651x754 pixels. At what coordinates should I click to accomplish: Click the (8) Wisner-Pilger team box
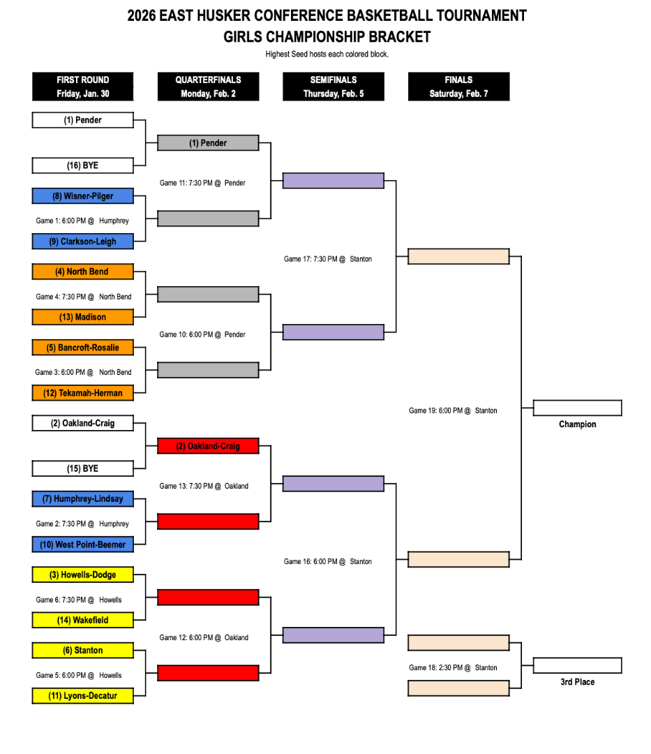click(82, 196)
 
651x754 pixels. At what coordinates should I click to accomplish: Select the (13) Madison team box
click(82, 317)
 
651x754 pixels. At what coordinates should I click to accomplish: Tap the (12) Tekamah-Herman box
click(82, 393)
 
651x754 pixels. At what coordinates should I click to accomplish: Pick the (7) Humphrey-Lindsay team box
click(82, 499)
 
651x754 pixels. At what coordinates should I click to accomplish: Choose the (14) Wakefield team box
click(82, 620)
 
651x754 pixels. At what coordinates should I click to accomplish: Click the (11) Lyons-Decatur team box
click(82, 695)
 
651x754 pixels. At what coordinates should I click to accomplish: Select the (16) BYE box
click(82, 165)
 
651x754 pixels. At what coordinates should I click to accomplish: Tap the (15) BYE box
click(82, 468)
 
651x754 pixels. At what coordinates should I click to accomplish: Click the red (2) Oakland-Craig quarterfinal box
click(208, 446)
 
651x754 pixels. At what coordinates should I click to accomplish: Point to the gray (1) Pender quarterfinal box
click(208, 143)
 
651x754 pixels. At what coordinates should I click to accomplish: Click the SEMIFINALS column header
click(333, 87)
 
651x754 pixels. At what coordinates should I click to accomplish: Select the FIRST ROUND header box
click(82, 87)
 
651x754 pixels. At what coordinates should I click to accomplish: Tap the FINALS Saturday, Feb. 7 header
click(458, 87)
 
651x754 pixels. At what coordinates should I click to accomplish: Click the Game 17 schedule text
click(327, 259)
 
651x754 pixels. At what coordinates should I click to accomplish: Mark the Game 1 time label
click(82, 221)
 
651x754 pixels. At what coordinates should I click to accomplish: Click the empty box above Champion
click(577, 408)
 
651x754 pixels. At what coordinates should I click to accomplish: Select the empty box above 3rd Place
click(577, 665)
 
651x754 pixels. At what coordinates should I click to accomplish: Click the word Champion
click(577, 424)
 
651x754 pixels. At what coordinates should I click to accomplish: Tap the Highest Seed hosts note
click(327, 54)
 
